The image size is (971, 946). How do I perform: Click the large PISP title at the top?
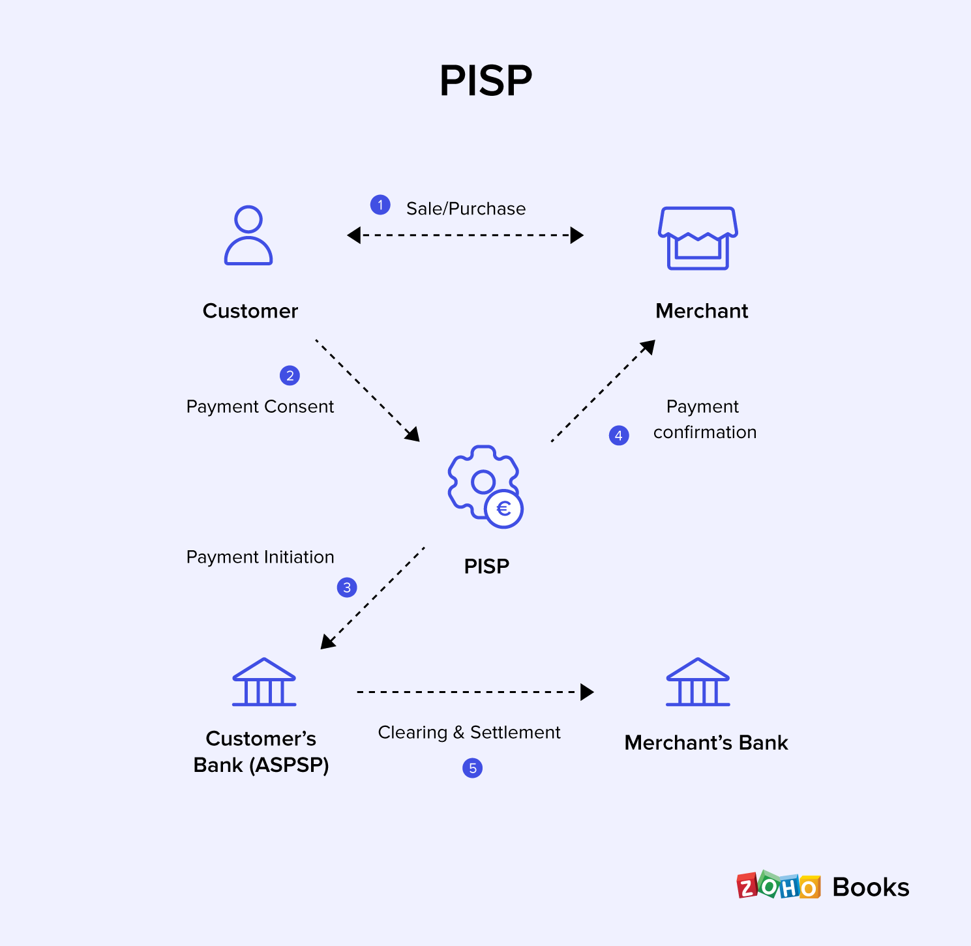pyautogui.click(x=486, y=81)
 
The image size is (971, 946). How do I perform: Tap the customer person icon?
pyautogui.click(x=248, y=235)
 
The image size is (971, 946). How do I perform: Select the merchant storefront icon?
pyautogui.click(x=698, y=238)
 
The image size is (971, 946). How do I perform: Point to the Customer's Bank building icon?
pyautogui.click(x=264, y=682)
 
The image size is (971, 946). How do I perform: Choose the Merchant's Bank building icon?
pyautogui.click(x=698, y=682)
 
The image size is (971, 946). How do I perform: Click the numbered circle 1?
pyautogui.click(x=380, y=205)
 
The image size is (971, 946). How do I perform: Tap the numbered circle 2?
pyautogui.click(x=290, y=376)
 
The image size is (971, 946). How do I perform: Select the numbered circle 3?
pyautogui.click(x=347, y=587)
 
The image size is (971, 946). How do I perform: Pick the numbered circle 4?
pyautogui.click(x=619, y=436)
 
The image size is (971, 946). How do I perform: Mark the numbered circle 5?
pyautogui.click(x=472, y=768)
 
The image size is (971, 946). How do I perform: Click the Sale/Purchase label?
pyautogui.click(x=466, y=209)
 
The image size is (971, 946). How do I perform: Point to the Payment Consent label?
pyautogui.click(x=260, y=407)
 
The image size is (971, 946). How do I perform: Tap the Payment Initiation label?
pyautogui.click(x=260, y=557)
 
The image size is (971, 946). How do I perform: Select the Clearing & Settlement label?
pyautogui.click(x=469, y=733)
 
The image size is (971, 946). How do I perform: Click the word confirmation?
pyautogui.click(x=705, y=432)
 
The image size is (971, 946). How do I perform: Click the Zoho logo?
pyautogui.click(x=778, y=887)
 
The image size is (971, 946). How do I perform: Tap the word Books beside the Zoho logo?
pyautogui.click(x=871, y=887)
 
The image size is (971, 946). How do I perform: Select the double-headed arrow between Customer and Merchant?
pyautogui.click(x=465, y=235)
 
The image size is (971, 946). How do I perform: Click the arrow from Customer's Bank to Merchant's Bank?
pyautogui.click(x=475, y=692)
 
